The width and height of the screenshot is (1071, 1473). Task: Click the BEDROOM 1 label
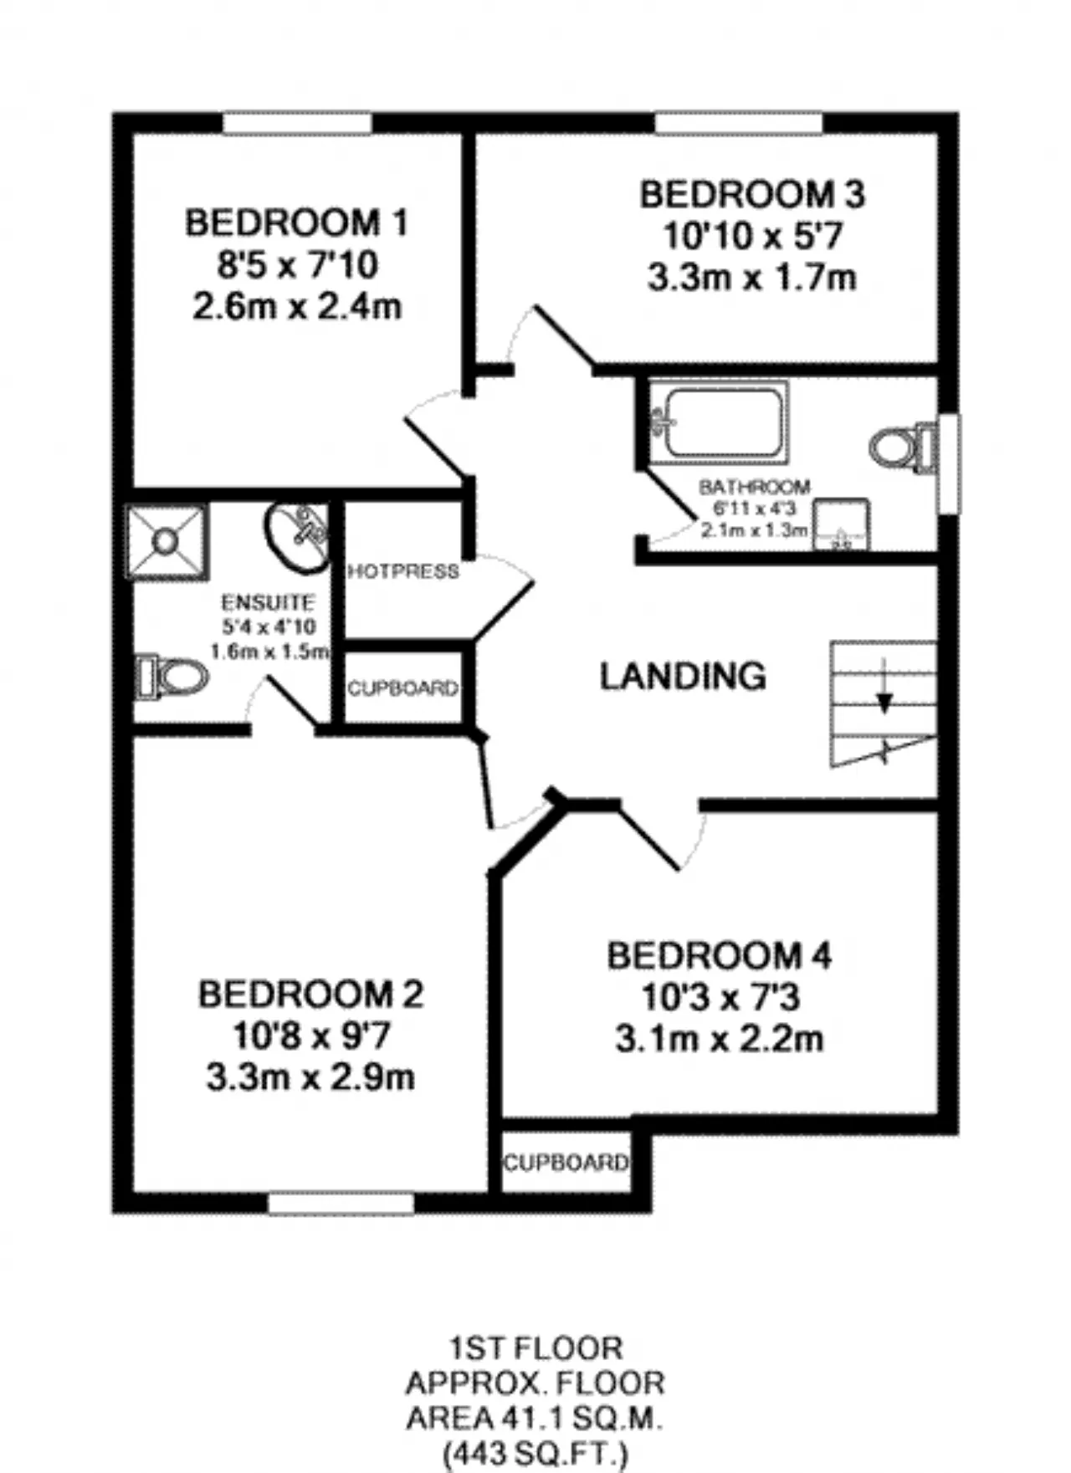pos(296,222)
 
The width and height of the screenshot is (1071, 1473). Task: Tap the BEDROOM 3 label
pos(752,194)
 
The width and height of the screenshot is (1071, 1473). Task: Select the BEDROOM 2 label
pos(310,994)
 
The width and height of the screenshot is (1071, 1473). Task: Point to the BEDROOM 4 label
pos(720,955)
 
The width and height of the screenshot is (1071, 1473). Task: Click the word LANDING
pos(683,676)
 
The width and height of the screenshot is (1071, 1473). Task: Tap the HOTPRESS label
pos(403,571)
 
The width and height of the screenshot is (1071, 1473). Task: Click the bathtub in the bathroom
pos(719,422)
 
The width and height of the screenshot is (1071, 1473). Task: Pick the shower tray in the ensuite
pos(167,542)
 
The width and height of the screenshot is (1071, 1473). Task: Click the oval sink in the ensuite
pos(297,537)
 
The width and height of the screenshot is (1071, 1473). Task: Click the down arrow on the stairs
pos(884,687)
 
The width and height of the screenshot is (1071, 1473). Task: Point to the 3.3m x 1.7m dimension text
pos(752,277)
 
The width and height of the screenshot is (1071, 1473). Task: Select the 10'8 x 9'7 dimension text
pos(310,1036)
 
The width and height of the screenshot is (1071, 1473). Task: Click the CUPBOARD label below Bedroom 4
pos(566,1163)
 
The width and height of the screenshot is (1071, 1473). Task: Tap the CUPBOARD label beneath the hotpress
pos(403,688)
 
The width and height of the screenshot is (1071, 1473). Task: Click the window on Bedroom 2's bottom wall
pos(341,1204)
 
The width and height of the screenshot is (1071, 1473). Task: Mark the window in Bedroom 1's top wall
pos(297,123)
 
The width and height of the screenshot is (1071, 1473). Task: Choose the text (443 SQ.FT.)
pos(535,1454)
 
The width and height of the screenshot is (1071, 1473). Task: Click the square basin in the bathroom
pos(842,524)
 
